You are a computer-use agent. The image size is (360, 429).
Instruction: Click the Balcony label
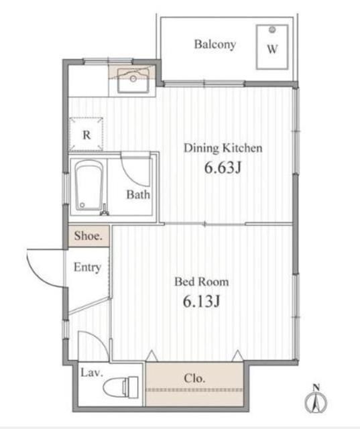click(x=215, y=45)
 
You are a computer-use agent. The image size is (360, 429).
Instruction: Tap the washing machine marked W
click(x=272, y=47)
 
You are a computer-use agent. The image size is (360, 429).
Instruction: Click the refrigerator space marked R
click(x=86, y=134)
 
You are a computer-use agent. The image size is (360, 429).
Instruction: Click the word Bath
click(x=138, y=195)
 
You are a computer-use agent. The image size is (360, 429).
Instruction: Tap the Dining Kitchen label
click(x=223, y=148)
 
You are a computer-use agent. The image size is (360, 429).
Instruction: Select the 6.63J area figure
click(x=222, y=168)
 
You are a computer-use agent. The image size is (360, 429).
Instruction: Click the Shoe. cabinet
click(x=88, y=236)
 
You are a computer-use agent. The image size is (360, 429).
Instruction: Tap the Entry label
click(x=87, y=267)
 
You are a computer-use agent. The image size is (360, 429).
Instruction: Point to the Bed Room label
click(x=202, y=282)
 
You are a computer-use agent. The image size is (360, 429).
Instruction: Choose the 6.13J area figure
click(x=202, y=302)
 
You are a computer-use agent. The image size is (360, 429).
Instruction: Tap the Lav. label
click(x=91, y=373)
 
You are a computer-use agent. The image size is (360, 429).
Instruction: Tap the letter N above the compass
click(x=315, y=386)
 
